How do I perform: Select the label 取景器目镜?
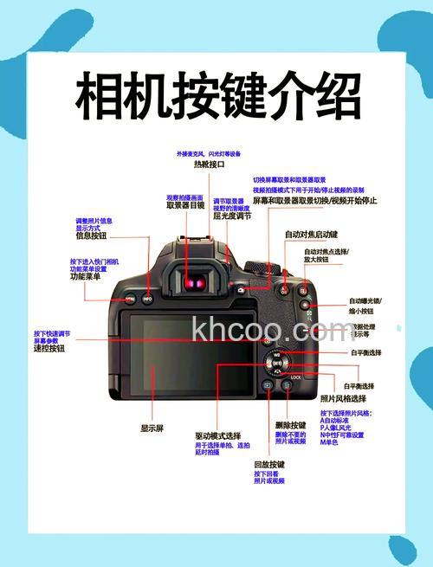point(185,206)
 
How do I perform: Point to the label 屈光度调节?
point(232,216)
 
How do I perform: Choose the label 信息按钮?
point(91,235)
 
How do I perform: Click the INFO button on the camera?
point(147,299)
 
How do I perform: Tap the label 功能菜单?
point(86,277)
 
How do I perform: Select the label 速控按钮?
point(49,349)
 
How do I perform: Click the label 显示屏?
point(152,428)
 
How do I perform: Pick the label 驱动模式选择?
point(217,435)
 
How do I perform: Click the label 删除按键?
point(291,425)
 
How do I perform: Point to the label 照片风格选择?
point(347,398)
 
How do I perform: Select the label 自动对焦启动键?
point(311,235)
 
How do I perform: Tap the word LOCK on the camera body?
point(296,377)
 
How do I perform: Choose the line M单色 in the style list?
point(330,442)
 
